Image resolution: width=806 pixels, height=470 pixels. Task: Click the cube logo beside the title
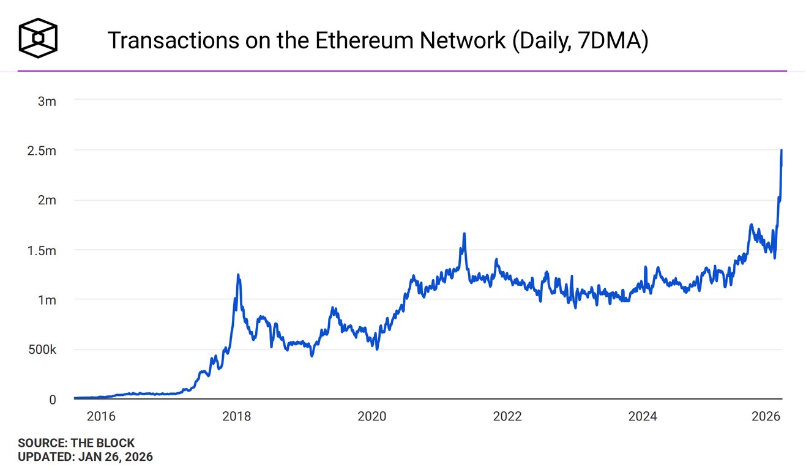click(38, 38)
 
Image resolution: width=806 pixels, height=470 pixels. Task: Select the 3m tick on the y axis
click(47, 101)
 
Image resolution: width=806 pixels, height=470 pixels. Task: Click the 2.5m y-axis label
click(43, 151)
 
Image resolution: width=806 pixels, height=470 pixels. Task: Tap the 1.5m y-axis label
click(43, 251)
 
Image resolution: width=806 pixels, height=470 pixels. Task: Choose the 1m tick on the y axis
click(47, 300)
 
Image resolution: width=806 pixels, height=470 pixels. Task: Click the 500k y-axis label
click(42, 350)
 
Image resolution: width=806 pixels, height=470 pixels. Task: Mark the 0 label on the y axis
click(53, 400)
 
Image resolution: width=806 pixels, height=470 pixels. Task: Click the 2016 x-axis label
click(101, 417)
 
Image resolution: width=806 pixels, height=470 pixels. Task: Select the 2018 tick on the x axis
click(236, 417)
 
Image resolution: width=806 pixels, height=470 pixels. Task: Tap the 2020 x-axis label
click(371, 417)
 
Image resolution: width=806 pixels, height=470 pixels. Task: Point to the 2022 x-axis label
click(507, 417)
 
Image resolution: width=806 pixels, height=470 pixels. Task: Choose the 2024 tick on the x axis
click(642, 417)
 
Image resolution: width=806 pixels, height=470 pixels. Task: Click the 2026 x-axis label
click(765, 417)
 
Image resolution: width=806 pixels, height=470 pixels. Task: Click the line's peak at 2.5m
click(782, 151)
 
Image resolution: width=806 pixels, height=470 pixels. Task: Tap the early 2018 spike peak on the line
click(238, 275)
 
